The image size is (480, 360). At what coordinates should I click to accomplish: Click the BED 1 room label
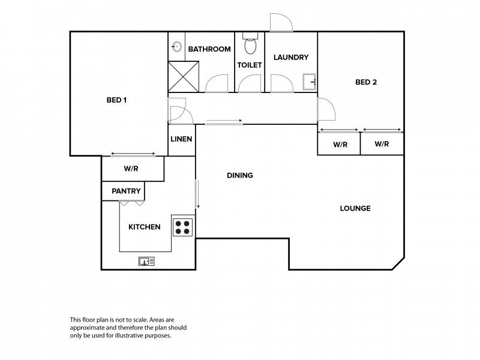[116, 100]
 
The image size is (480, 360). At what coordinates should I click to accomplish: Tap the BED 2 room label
[366, 82]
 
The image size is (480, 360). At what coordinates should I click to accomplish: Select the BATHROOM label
[209, 49]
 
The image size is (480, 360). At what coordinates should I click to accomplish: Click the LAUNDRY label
[291, 57]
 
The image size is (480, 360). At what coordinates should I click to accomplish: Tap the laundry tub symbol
[309, 82]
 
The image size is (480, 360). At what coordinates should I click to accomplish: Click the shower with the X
[184, 77]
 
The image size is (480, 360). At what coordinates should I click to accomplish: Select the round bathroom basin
[176, 47]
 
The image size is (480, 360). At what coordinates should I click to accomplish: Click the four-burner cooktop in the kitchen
[182, 227]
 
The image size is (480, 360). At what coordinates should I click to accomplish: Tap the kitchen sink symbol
[146, 261]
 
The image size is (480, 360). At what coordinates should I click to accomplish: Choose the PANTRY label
[126, 191]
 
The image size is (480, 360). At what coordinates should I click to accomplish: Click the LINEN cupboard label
[181, 139]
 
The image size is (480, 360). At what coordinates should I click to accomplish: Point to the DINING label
[240, 175]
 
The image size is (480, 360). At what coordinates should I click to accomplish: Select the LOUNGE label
[355, 208]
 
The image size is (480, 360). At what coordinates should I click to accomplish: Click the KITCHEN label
[144, 227]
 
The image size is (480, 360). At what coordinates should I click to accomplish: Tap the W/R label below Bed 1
[131, 169]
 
